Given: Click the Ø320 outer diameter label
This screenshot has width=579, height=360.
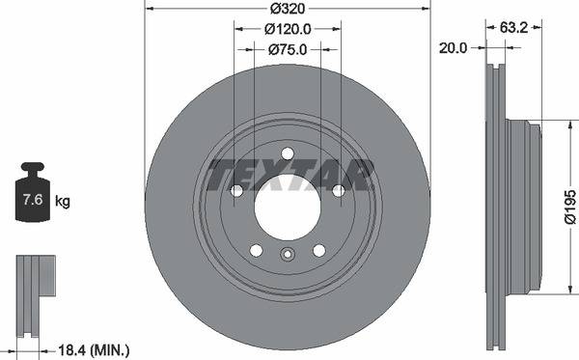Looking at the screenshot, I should [x=287, y=10].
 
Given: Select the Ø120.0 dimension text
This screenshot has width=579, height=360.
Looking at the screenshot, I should [x=287, y=29].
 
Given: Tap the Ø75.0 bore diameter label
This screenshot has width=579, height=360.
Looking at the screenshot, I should [x=287, y=49].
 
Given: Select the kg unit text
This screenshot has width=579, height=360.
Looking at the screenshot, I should [x=63, y=202].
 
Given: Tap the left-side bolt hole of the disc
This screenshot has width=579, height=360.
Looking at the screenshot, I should [x=237, y=190].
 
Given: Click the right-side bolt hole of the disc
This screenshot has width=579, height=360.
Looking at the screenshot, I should [x=337, y=190].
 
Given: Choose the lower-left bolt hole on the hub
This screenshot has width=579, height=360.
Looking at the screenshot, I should [x=256, y=250].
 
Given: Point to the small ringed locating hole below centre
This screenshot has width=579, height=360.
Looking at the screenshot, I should [x=287, y=256].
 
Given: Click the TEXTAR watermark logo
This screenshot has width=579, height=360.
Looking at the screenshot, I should [x=288, y=175].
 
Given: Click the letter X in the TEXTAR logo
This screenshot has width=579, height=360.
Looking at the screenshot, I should [x=274, y=175].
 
